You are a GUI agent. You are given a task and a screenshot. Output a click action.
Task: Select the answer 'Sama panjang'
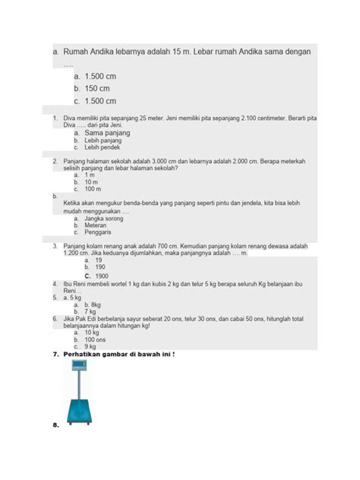108,133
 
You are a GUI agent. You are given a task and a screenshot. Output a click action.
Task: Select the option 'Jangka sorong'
104,217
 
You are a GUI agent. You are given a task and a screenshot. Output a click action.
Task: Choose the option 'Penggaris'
99,232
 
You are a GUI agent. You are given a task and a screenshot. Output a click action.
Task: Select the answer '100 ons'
97,339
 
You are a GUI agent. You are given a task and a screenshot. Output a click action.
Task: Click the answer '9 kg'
90,347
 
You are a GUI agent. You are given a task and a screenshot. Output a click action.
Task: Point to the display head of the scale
77,366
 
